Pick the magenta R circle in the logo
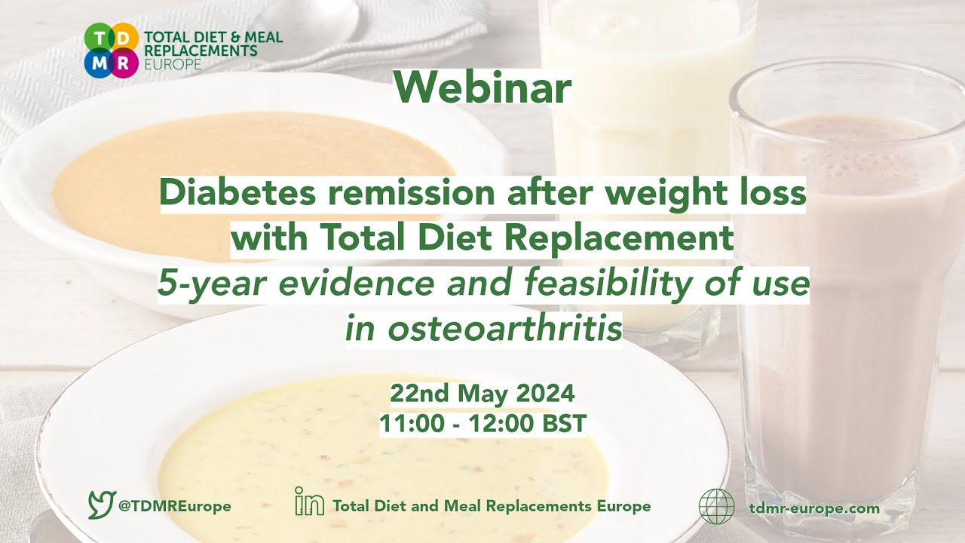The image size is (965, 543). [x=124, y=63]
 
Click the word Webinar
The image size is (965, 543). [x=482, y=87]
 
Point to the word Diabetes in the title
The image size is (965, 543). [x=226, y=194]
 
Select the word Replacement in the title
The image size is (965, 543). [x=617, y=238]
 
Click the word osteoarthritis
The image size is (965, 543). [x=483, y=328]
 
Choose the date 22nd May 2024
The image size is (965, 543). [x=482, y=393]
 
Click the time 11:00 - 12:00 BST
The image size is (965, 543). [x=482, y=424]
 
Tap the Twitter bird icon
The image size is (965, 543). [x=101, y=504]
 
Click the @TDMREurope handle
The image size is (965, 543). [x=175, y=507]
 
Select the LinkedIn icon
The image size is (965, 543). [x=309, y=501]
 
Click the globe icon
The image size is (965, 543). [x=716, y=507]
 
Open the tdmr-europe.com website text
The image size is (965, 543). [x=815, y=508]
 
